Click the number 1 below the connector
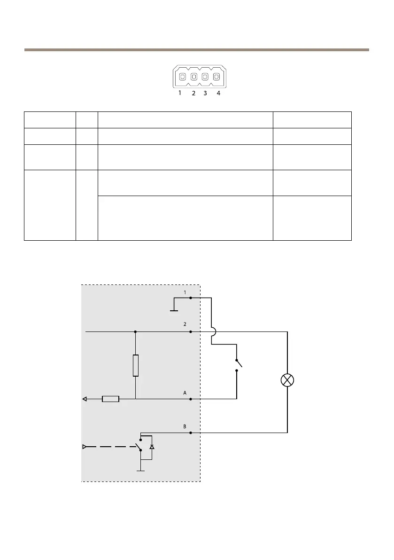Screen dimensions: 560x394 coord(180,93)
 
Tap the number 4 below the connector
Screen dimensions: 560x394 coord(218,93)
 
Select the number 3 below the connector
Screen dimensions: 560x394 coord(205,93)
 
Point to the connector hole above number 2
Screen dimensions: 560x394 coord(193,76)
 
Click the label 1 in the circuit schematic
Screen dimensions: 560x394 coord(185,292)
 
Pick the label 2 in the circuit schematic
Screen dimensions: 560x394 coord(185,324)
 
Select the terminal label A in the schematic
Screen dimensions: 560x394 coord(185,392)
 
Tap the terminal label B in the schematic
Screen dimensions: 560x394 coord(185,426)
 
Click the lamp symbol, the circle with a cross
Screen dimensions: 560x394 coord(287,380)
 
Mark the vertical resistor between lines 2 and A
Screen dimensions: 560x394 coord(136,365)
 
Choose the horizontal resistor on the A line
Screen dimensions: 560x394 coord(110,399)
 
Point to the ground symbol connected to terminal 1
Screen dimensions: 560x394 coord(174,310)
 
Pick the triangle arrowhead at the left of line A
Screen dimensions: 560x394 coord(85,399)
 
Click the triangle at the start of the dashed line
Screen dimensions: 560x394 coord(85,447)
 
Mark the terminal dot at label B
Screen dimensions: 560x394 coord(190,433)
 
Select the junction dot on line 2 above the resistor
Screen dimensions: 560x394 coord(136,331)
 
